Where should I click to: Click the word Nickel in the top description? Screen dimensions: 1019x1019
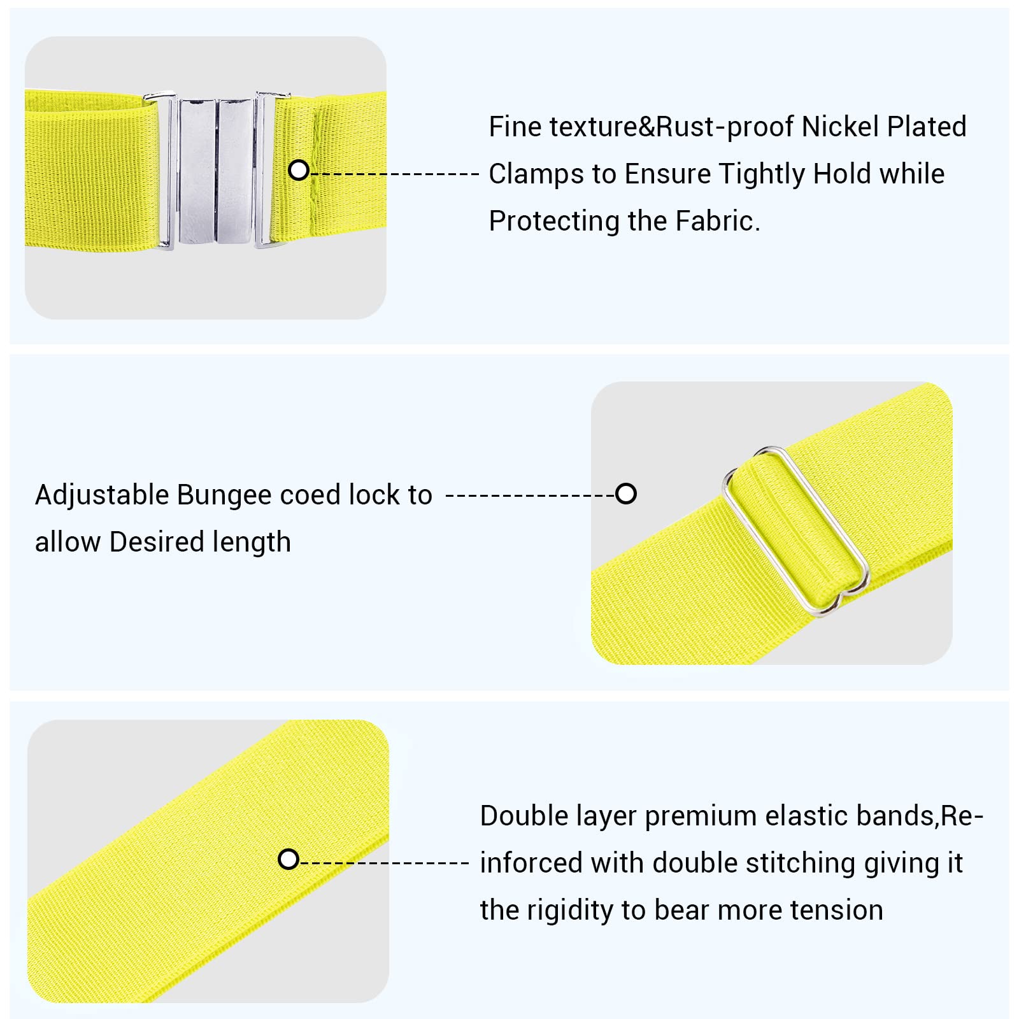839,127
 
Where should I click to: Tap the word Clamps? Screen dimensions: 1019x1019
531,174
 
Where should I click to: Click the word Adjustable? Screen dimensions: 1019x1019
102,495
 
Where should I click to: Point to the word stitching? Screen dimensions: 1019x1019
801,864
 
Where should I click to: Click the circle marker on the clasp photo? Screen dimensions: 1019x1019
299,170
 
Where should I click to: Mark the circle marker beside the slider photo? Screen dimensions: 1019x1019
626,494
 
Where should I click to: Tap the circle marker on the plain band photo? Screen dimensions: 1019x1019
289,859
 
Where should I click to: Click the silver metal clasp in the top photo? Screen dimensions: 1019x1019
217,169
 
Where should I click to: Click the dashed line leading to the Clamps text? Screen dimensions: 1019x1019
394,173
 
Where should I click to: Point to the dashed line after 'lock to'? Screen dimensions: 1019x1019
531,495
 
